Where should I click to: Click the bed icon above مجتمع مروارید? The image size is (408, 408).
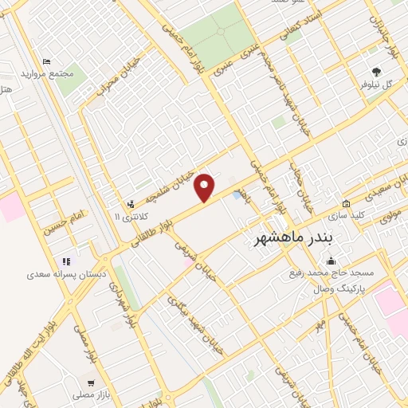point(47,61)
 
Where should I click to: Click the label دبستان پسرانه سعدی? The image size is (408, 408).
point(53,273)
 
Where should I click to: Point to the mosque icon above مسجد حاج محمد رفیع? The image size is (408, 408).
point(331,261)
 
